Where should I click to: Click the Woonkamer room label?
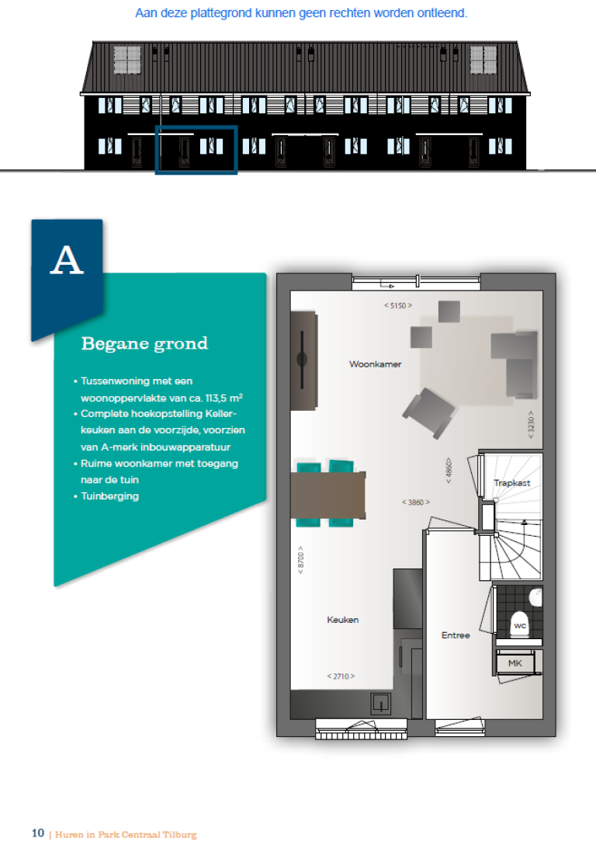coord(375,363)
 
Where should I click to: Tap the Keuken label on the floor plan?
coord(342,620)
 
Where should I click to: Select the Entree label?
coord(456,635)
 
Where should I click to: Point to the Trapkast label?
coord(512,483)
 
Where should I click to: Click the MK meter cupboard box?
coord(515,663)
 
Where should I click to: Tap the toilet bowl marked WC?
coord(519,625)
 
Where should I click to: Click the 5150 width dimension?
coord(397,305)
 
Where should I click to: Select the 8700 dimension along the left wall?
coord(300,559)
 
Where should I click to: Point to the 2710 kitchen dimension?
coord(341,676)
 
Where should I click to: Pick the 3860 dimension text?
coord(415,502)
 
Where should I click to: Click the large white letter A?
coord(66,261)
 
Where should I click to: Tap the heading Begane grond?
coord(144,343)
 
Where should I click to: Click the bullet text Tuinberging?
coord(109,496)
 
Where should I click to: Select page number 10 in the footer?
coord(38,833)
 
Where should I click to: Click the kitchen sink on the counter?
coord(381,703)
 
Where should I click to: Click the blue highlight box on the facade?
coord(196,150)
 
